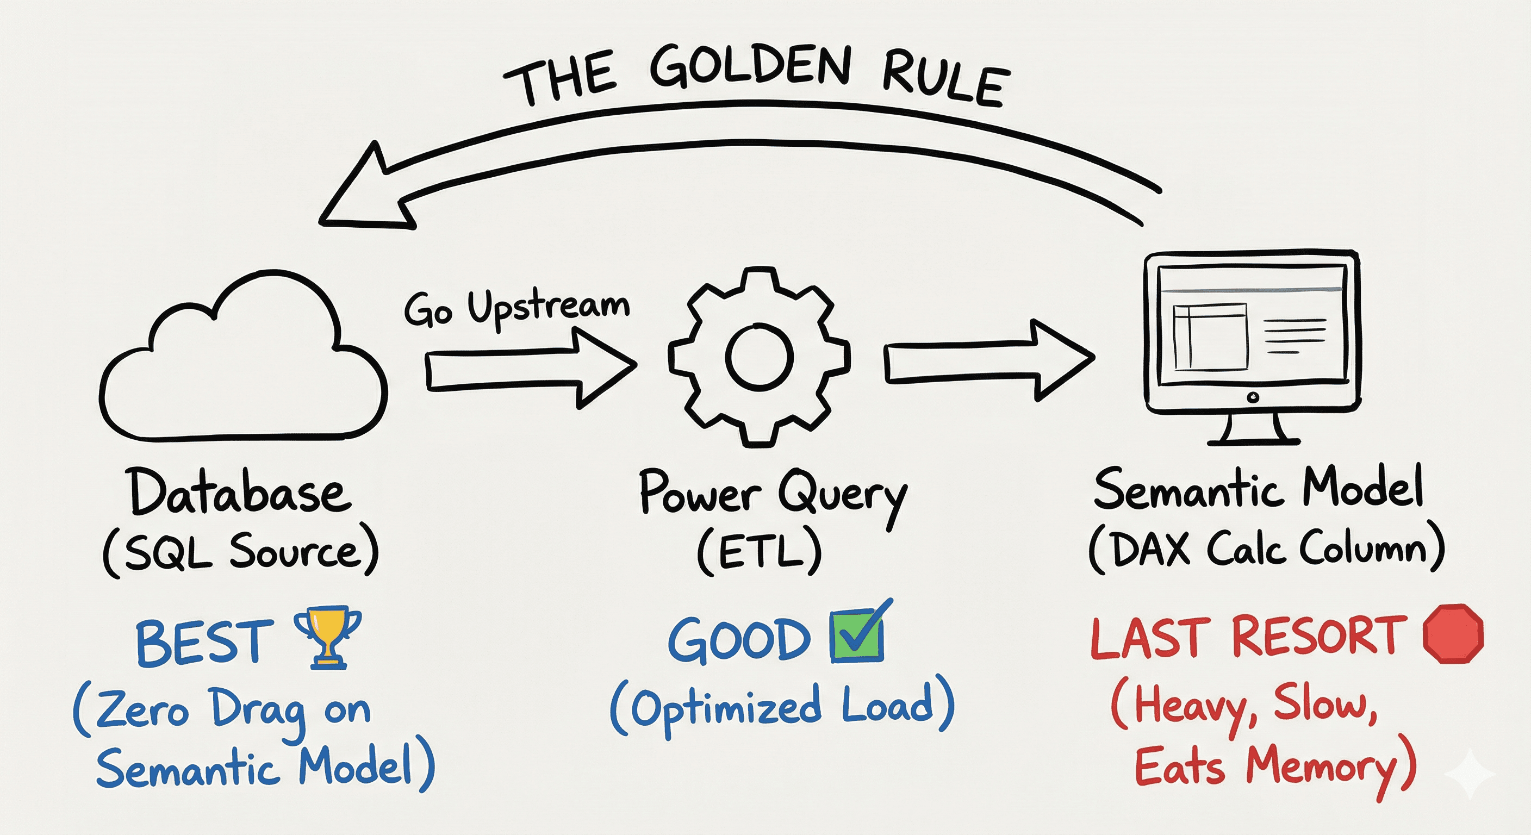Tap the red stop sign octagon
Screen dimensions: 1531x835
pos(1453,633)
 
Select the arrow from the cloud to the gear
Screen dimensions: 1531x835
pos(531,370)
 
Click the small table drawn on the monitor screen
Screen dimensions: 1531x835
pos(1210,337)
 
